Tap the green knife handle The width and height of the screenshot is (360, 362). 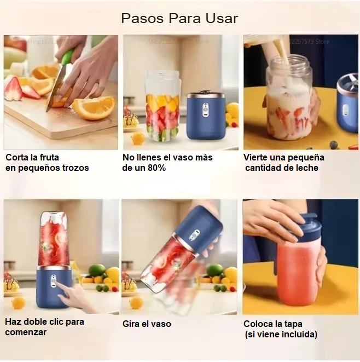tap(68, 58)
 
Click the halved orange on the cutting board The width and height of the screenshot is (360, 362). tap(94, 107)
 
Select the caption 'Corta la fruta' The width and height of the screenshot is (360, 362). tap(32, 157)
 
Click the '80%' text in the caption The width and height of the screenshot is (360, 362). tap(156, 168)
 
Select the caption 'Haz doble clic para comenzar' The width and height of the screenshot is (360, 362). tap(44, 327)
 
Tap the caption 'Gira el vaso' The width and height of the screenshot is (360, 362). tap(147, 324)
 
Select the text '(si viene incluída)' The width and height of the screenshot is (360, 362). tap(281, 335)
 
